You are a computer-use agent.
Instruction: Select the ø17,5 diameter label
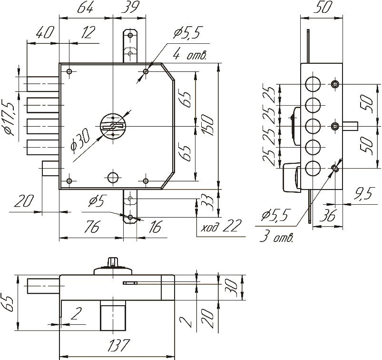(9, 118)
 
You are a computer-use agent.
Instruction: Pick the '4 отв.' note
(190, 55)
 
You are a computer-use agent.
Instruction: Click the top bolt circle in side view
(312, 84)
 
